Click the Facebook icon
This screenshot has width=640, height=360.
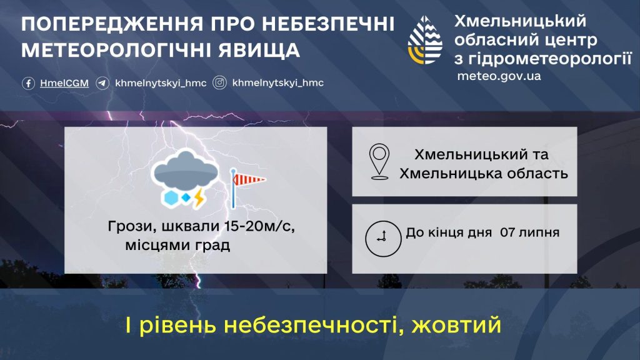(28, 83)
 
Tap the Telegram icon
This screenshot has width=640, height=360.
(102, 83)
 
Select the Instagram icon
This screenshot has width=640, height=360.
(219, 83)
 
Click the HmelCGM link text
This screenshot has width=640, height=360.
(64, 83)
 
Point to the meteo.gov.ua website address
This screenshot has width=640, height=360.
(499, 76)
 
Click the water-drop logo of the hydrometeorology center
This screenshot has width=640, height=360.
(425, 40)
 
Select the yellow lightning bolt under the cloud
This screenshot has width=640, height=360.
(199, 198)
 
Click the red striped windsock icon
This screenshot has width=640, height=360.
(247, 187)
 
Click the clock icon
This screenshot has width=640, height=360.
(383, 239)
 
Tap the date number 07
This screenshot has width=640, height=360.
(507, 232)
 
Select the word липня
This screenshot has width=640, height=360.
(539, 233)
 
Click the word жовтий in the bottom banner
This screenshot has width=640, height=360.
(456, 325)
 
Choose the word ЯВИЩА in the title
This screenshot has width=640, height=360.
(259, 50)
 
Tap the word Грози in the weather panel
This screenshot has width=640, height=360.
(132, 227)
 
